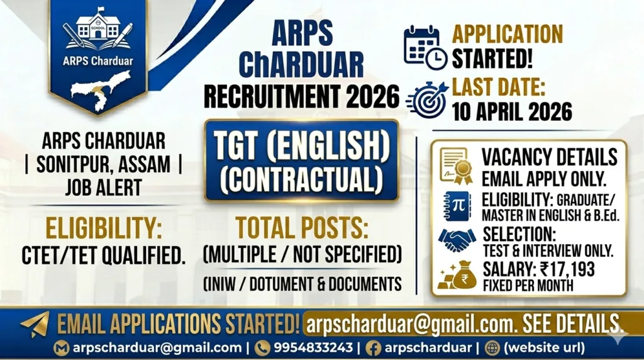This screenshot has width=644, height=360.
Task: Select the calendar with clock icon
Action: [x=425, y=47]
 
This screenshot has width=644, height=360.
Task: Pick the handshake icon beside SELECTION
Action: [x=457, y=239]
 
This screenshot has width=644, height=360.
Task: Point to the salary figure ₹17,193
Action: [x=567, y=270]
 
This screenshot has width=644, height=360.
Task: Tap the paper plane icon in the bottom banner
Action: [x=35, y=324]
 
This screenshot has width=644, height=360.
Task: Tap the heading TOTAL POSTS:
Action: [x=302, y=227]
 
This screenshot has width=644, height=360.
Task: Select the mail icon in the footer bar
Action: [x=62, y=347]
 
